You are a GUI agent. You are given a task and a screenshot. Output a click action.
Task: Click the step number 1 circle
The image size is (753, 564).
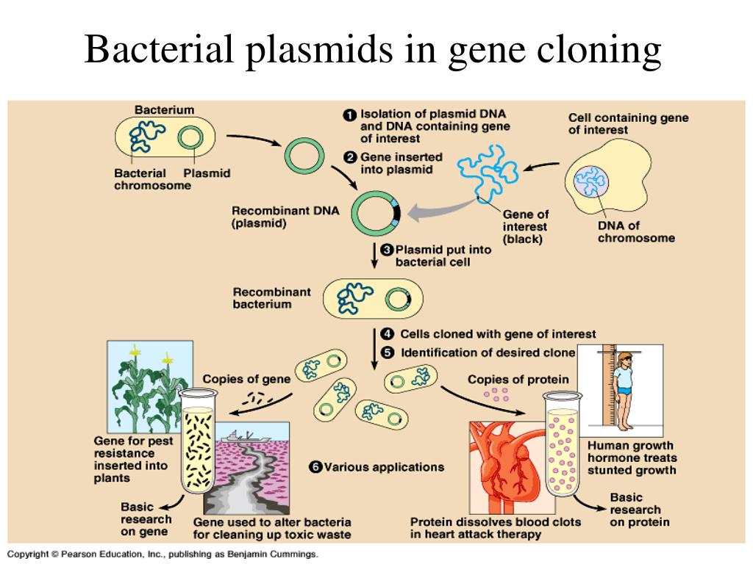349,115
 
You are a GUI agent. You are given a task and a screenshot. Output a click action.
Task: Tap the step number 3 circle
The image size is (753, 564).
387,250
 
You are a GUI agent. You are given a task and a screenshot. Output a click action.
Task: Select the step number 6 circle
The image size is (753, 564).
315,467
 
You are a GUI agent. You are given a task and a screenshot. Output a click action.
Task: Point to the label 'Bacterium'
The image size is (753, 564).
164,110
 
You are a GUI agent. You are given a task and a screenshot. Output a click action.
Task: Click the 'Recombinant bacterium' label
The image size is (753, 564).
271,298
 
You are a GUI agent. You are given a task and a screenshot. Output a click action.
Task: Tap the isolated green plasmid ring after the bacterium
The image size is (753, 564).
304,156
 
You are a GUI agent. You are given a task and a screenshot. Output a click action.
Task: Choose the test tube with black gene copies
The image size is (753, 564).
198,441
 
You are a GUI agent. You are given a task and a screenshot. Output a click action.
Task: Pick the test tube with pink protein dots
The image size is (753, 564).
562,444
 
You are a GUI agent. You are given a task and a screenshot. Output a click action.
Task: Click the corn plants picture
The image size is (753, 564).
150,386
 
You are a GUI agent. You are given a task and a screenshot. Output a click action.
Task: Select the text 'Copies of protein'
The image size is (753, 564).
518,380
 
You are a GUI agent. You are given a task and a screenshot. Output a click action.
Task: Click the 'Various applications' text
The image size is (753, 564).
384,467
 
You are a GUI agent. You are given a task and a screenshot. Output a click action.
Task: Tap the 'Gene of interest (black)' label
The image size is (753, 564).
525,227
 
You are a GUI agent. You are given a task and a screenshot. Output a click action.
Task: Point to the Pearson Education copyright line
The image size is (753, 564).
163,554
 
